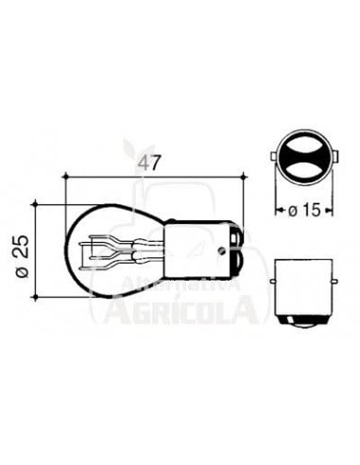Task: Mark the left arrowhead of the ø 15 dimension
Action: [x=280, y=208]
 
